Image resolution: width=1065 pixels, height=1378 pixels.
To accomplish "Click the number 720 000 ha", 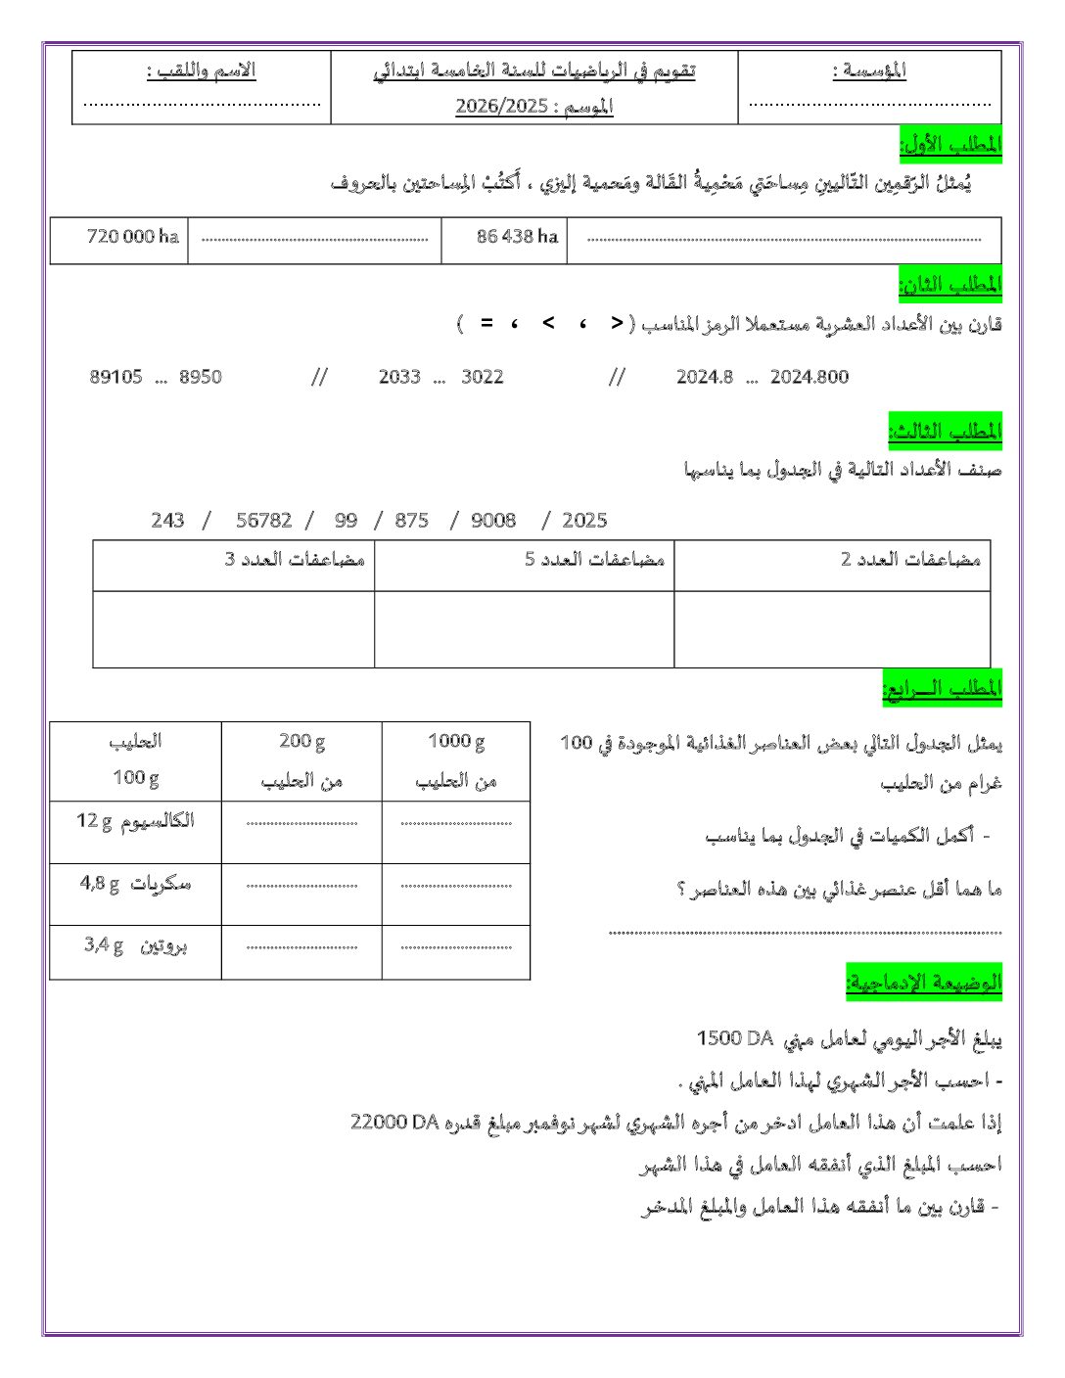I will coord(132,236).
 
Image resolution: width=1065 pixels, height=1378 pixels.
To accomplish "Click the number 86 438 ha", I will coord(517,236).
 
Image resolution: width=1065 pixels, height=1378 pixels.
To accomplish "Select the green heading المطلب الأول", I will coord(950,145).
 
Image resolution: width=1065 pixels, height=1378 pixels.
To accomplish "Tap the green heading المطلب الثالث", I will coord(945,431).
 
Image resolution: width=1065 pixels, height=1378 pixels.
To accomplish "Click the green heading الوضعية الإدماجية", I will coord(923,982).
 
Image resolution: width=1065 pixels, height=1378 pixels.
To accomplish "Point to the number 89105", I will coord(116,377).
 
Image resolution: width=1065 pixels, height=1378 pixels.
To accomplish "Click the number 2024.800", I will coord(809,377).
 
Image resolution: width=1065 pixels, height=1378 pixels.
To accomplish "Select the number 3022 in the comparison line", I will coord(482,377).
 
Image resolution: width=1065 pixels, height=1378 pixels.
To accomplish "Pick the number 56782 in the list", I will coord(263,521).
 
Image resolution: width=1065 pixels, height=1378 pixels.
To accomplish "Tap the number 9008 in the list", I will coord(492,521).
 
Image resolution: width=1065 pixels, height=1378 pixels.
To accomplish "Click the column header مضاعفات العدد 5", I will coord(594,559).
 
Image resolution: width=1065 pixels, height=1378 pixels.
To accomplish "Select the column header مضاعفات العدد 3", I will coord(295,559).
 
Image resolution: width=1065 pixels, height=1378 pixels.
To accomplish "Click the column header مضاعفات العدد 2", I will coord(910,559).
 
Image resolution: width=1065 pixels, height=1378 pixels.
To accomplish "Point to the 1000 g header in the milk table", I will coord(456,741).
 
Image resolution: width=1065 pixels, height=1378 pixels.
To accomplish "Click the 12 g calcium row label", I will coord(135,821).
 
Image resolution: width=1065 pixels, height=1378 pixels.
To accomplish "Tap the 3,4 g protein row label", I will coord(135,945).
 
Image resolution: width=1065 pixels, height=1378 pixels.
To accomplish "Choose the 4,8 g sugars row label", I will coord(135,884).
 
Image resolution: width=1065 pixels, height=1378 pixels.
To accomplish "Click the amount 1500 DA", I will coord(734,1037).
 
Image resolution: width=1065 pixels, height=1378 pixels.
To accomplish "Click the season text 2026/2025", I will coord(501,106).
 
